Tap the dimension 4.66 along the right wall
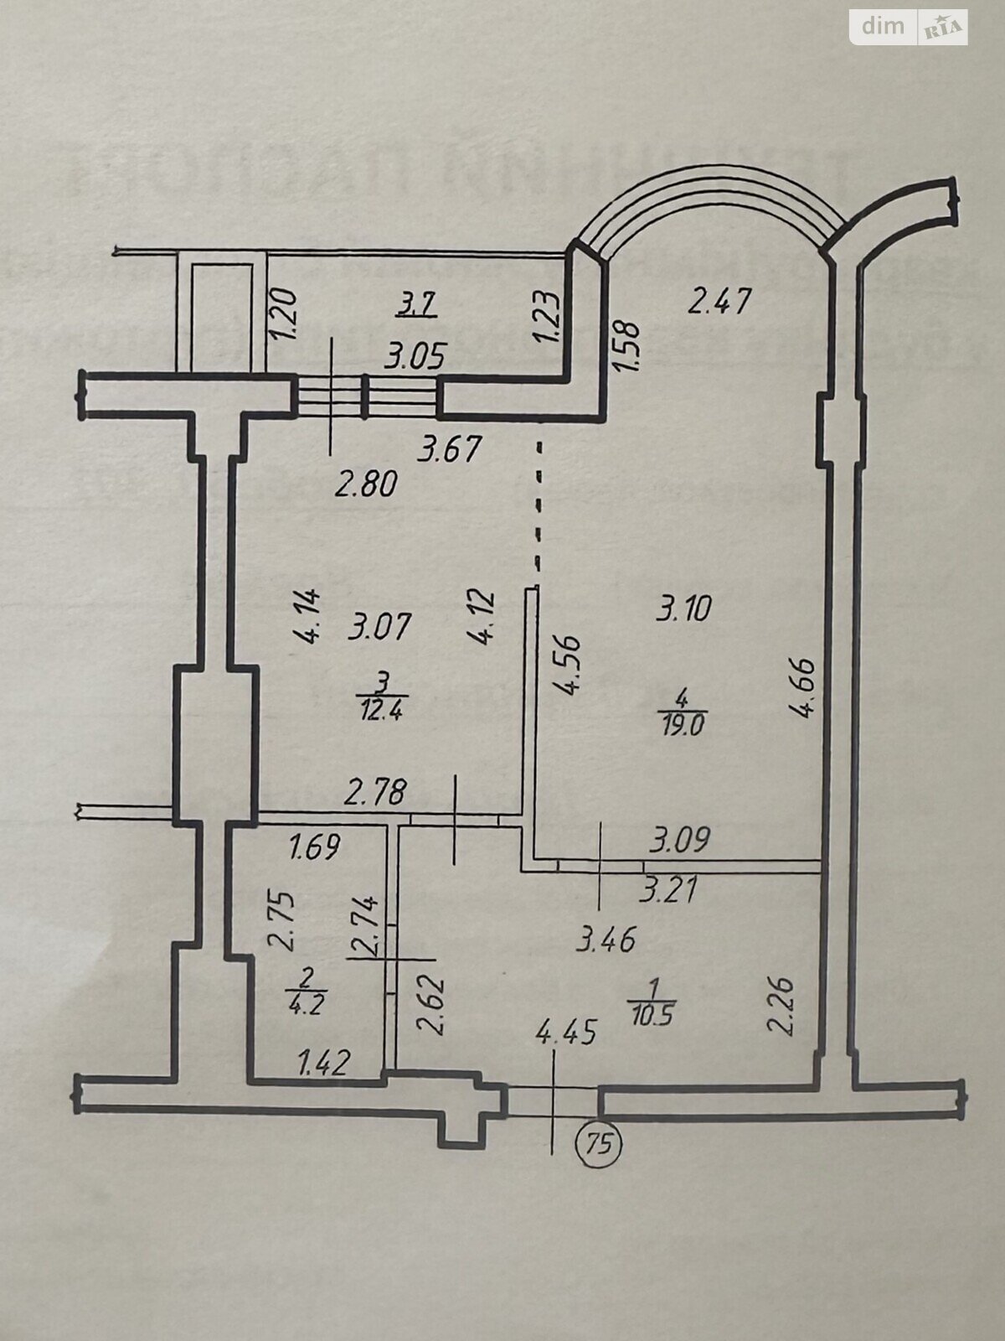(x=804, y=676)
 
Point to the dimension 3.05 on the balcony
(x=413, y=358)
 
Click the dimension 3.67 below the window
(x=451, y=450)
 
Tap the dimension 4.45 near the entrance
(x=566, y=1033)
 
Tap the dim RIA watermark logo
(x=909, y=27)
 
